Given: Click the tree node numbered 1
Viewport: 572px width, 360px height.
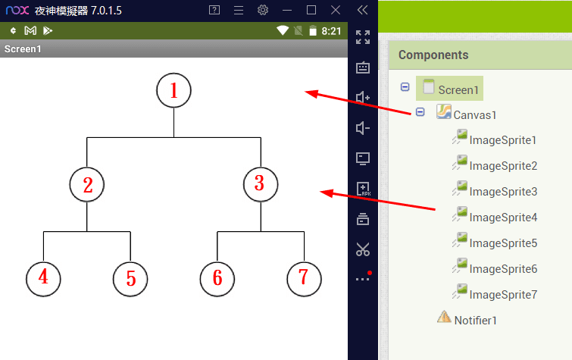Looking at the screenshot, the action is pyautogui.click(x=173, y=90).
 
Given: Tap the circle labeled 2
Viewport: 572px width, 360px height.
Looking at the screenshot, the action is pyautogui.click(x=87, y=184).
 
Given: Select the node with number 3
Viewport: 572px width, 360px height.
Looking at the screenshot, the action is pyautogui.click(x=261, y=184).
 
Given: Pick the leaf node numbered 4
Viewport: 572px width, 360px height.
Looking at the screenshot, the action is pyautogui.click(x=43, y=278).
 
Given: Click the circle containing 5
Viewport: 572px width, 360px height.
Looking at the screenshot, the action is pyautogui.click(x=130, y=278).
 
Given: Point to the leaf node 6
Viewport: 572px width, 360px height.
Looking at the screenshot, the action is pyautogui.click(x=217, y=278).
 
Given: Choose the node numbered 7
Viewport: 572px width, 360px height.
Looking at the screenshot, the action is pyautogui.click(x=304, y=278).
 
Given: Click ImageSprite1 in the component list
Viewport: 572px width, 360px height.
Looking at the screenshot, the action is pyautogui.click(x=503, y=140).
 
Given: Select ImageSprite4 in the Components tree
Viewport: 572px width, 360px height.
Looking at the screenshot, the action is pyautogui.click(x=503, y=218).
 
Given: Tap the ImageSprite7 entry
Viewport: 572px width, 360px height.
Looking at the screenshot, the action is pyautogui.click(x=503, y=295).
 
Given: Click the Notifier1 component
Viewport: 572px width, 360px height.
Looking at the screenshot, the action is pyautogui.click(x=475, y=320).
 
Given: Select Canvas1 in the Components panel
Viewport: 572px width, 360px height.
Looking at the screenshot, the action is pyautogui.click(x=475, y=115).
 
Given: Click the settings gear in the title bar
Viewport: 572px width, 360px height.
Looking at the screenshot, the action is pyautogui.click(x=263, y=10).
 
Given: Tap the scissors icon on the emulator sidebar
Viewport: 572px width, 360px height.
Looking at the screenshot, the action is pyautogui.click(x=363, y=249).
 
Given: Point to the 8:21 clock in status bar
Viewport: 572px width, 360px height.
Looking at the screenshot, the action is pyautogui.click(x=332, y=31).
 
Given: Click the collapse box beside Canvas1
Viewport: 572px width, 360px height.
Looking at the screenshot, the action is pyautogui.click(x=420, y=112).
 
